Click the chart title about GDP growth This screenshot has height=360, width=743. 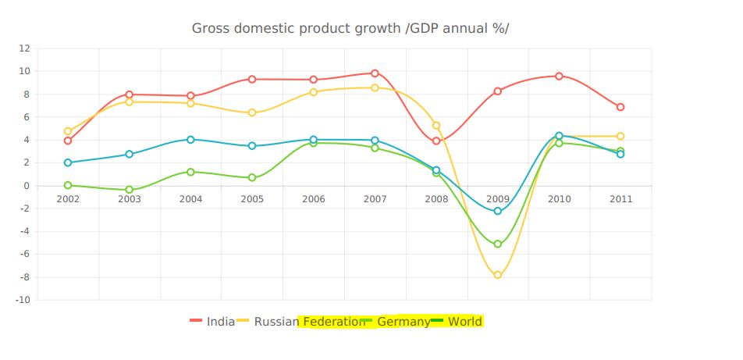350,29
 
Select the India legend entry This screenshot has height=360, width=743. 220,322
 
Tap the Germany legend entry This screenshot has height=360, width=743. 403,322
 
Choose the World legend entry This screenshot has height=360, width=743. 464,322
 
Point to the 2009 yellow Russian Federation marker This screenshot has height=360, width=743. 498,275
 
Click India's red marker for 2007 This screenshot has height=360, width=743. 375,73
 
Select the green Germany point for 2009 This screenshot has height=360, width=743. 498,244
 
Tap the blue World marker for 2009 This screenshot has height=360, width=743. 498,211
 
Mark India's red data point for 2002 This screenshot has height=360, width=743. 68,141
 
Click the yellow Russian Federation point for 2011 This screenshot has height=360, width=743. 620,137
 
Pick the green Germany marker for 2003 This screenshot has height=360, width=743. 130,190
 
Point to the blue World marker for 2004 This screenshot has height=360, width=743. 190,140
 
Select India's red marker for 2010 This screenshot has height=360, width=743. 559,76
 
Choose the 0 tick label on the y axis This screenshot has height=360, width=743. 27,186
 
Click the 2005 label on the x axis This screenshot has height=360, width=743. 252,199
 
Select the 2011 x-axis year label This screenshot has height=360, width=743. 620,199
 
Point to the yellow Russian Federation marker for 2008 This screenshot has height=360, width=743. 436,126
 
